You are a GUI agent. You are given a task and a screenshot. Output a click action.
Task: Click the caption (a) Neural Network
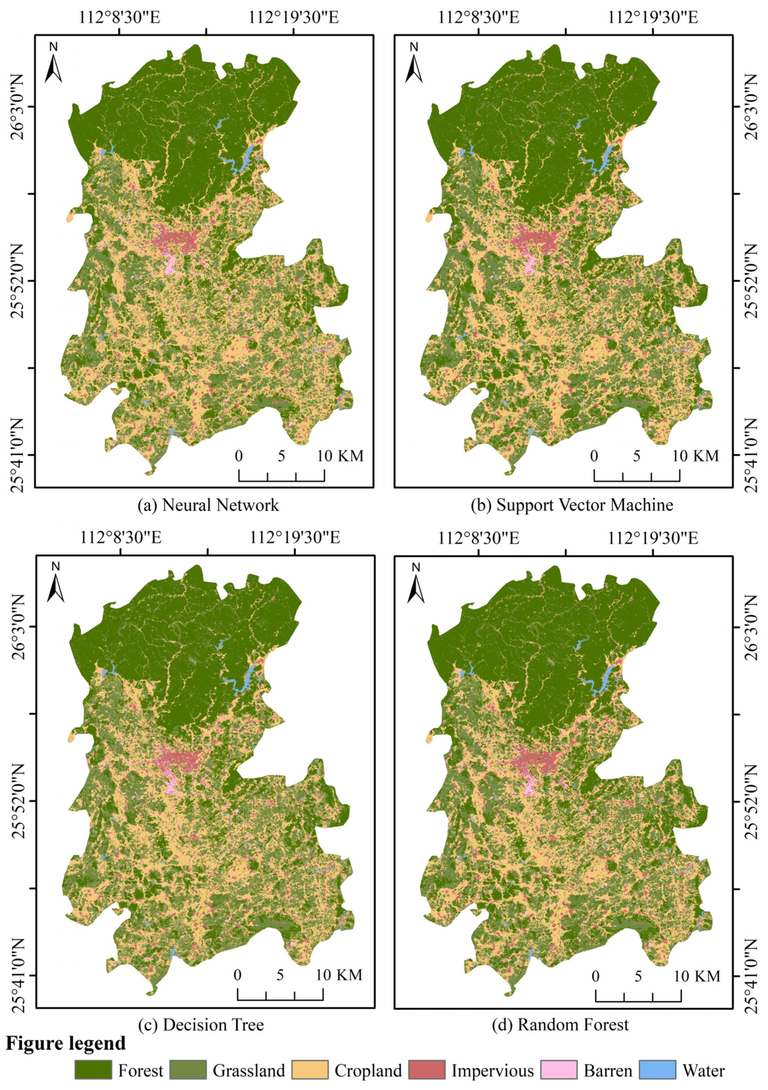point(208,505)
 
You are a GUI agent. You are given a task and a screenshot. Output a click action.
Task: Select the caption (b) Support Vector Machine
point(571,505)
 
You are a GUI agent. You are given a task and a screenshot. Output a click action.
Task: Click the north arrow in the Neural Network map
point(54,64)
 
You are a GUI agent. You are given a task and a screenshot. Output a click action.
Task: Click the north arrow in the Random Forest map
point(416,584)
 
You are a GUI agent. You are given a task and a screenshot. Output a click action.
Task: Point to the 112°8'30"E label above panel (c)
point(121,538)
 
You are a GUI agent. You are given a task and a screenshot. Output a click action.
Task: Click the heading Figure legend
point(66,1043)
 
